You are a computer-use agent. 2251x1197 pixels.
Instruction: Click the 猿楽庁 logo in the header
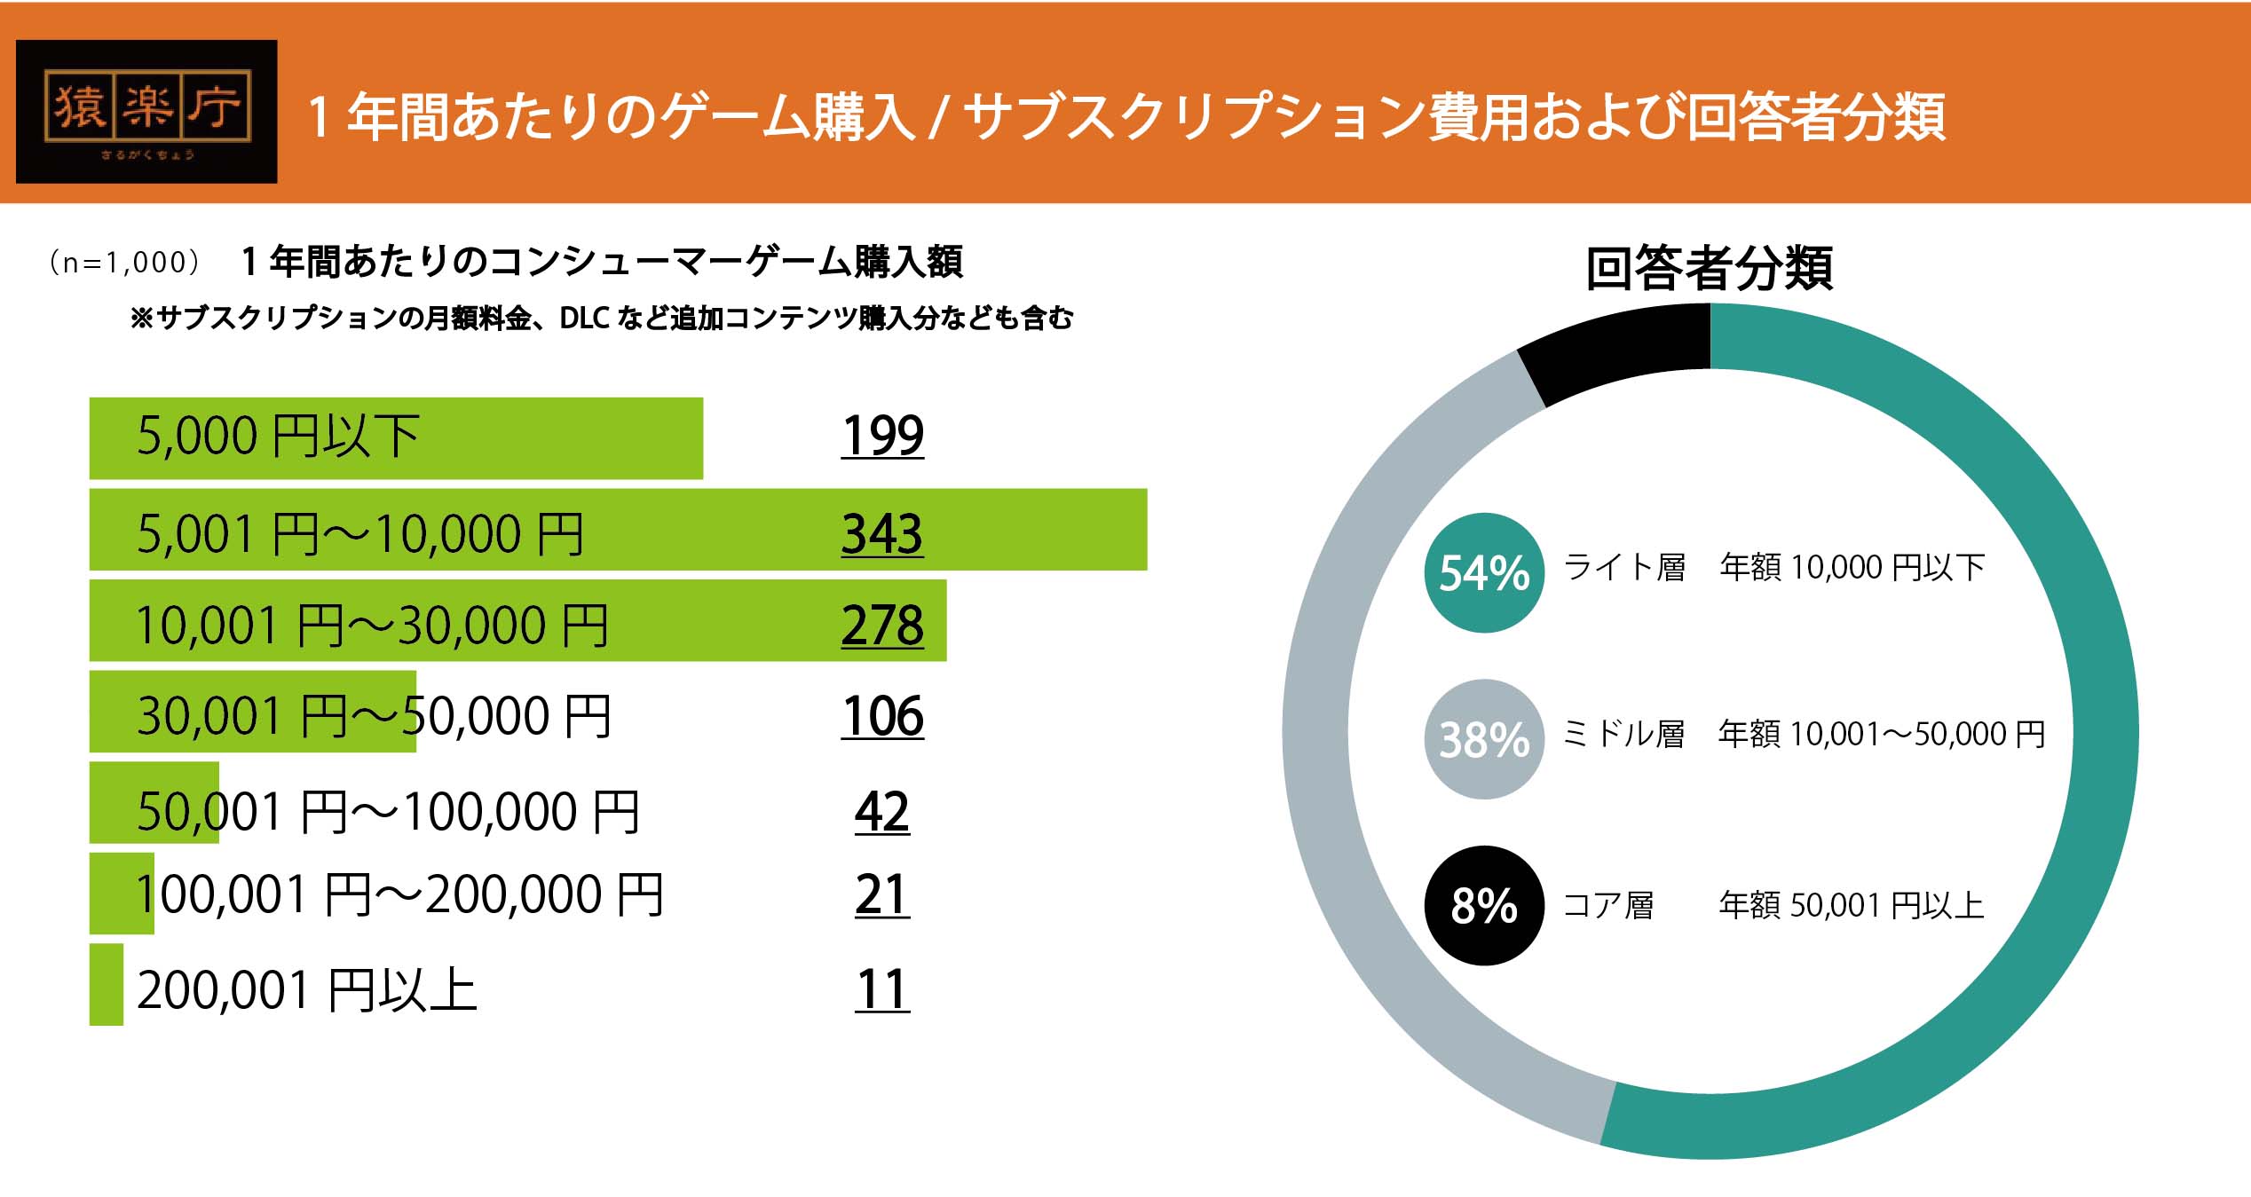[146, 111]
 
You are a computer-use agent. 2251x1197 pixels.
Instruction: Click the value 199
[882, 436]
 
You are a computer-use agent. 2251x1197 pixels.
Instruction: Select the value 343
[882, 534]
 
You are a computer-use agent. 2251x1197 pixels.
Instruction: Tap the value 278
[882, 626]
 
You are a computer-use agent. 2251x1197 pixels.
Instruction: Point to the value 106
[882, 716]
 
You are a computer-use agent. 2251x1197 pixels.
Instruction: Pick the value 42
[882, 811]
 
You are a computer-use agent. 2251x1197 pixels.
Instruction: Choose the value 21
[882, 894]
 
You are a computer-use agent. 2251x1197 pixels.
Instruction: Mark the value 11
[882, 989]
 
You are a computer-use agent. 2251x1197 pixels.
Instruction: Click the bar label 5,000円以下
[278, 437]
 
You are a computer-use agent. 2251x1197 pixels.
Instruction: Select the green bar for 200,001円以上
[106, 984]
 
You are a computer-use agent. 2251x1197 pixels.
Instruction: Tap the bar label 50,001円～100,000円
[388, 811]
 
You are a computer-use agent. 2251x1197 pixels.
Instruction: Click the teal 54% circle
[1484, 573]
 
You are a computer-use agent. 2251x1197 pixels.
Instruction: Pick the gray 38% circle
[1484, 739]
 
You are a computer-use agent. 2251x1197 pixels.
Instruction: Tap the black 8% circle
[1484, 906]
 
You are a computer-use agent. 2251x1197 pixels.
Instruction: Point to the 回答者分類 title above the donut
[1709, 268]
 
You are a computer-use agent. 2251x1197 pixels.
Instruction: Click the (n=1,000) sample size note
[123, 263]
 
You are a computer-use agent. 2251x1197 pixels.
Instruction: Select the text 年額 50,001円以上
[1851, 905]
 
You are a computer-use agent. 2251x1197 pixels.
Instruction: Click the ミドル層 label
[1623, 735]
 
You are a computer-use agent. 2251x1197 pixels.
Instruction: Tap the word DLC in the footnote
[583, 318]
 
